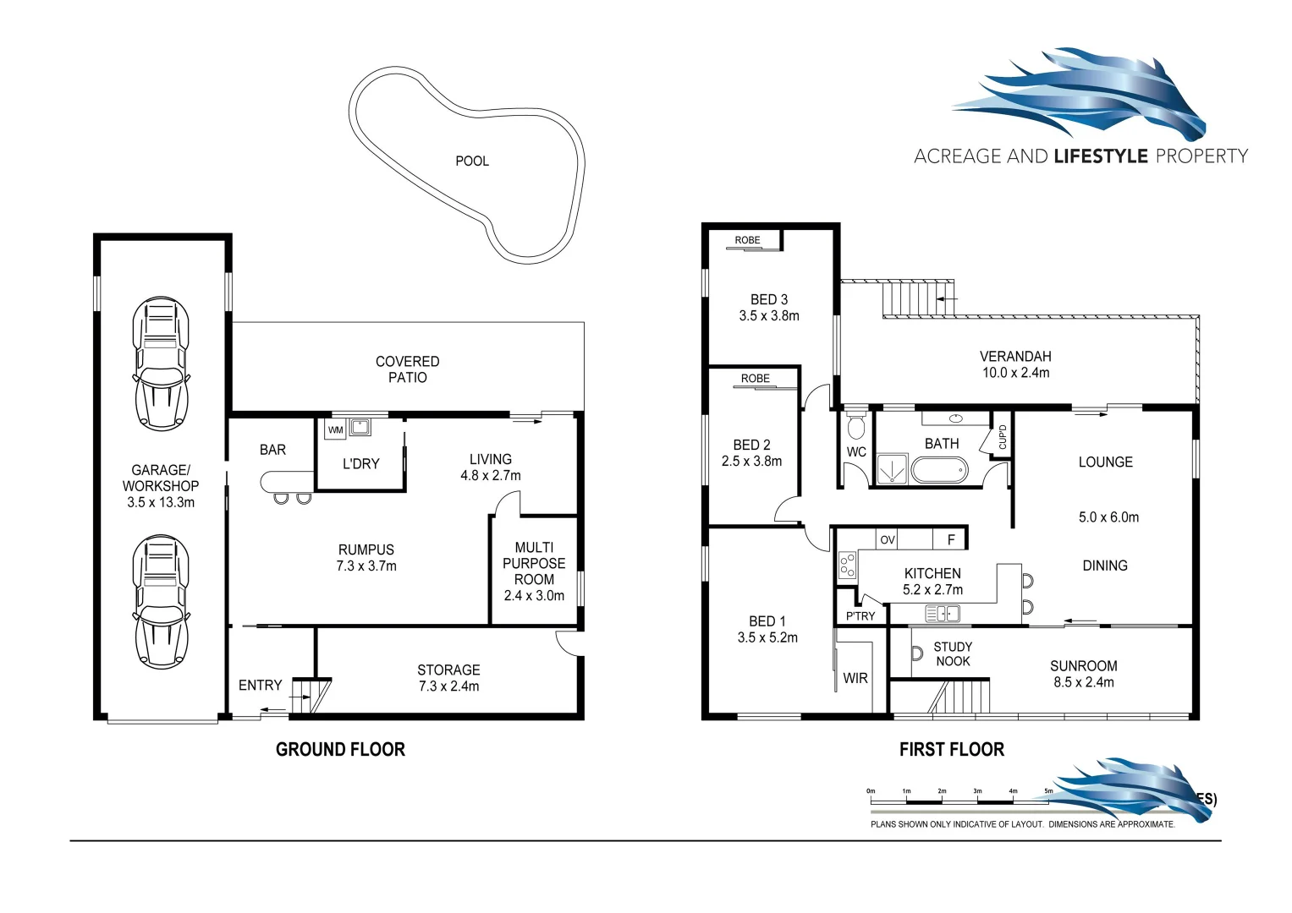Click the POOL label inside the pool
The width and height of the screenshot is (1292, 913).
click(x=472, y=161)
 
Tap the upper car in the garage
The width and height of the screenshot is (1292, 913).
click(x=160, y=364)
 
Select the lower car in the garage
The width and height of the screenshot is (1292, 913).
click(x=160, y=601)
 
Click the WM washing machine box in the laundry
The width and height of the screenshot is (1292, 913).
click(x=335, y=429)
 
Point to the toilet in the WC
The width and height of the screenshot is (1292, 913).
click(x=856, y=424)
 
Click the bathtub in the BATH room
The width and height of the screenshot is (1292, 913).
click(x=938, y=469)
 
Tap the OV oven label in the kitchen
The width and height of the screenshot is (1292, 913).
click(x=888, y=539)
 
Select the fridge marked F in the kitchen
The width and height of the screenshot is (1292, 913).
click(x=951, y=539)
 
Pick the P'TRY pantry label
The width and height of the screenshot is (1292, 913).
click(x=860, y=615)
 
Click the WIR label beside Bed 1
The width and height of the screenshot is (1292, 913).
click(x=855, y=678)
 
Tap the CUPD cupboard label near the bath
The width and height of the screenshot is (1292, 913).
click(x=1003, y=436)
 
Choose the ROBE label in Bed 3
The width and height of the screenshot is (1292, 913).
click(x=747, y=240)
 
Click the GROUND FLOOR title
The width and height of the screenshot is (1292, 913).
click(x=340, y=749)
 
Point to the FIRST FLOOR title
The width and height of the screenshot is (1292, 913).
click(x=951, y=749)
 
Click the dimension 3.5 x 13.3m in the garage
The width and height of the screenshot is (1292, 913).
click(x=161, y=502)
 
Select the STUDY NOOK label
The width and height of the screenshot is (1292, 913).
click(x=953, y=654)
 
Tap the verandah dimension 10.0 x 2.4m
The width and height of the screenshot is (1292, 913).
click(x=1015, y=372)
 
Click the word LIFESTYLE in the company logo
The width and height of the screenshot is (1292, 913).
click(x=1101, y=156)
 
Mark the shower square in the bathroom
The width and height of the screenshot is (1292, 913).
click(x=891, y=469)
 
